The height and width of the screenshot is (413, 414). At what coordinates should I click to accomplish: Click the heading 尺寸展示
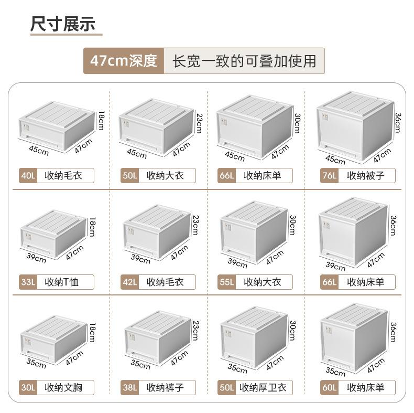coord(62,25)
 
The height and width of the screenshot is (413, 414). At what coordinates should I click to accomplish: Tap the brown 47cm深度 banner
coord(124,61)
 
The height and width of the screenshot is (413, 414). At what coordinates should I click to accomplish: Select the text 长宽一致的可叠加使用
coord(244,61)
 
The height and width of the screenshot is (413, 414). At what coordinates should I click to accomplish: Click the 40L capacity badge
coord(27,175)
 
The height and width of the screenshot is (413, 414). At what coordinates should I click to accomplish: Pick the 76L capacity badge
coord(329,175)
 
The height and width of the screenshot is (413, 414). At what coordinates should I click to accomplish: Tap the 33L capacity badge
coord(27,282)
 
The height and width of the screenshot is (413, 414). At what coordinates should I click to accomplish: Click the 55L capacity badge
coord(226,282)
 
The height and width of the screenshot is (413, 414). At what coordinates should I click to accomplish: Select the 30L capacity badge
coord(27,388)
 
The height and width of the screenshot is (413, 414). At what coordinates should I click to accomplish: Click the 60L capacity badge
coord(329,388)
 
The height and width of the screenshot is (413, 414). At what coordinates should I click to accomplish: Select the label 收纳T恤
coord(62,282)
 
